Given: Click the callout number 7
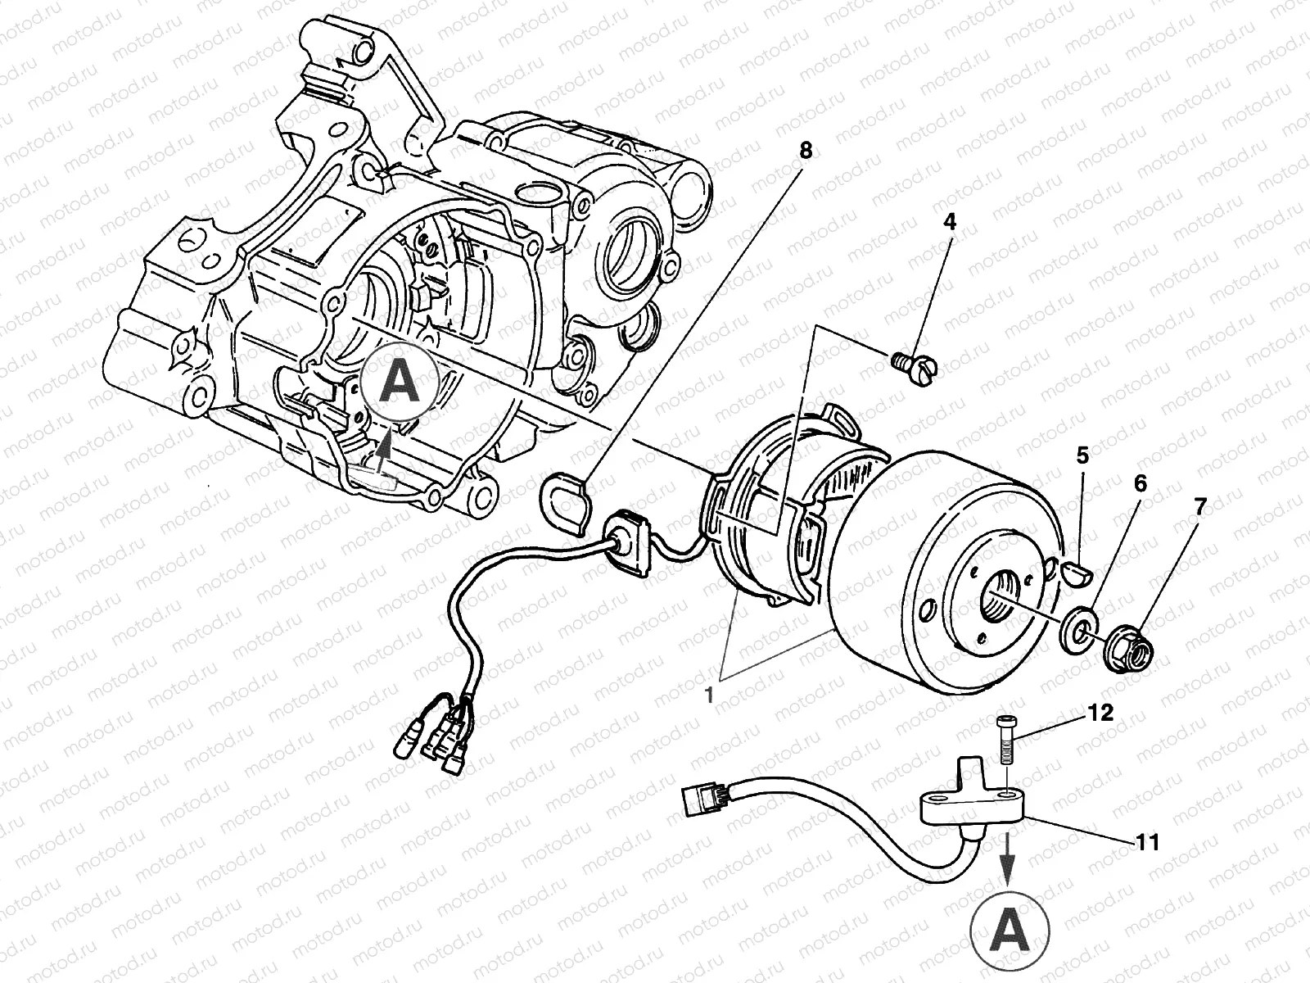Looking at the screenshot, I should point(1199,507).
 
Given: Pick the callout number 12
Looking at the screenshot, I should point(1102,713).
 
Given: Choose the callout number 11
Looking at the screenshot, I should point(1148,841).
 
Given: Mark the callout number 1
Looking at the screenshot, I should point(710,694).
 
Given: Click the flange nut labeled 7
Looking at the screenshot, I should point(1130,644).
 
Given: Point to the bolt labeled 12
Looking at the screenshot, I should point(1006,741).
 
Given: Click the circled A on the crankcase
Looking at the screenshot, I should point(399,382).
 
